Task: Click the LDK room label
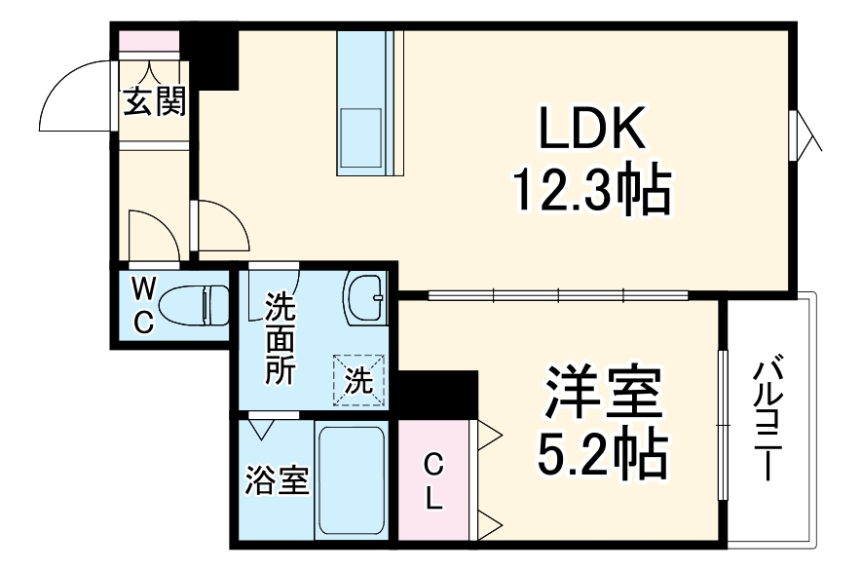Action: (592, 129)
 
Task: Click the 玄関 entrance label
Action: (154, 100)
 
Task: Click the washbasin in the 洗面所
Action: (365, 298)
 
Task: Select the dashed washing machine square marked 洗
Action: (358, 380)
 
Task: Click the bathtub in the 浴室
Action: (352, 480)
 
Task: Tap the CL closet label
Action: (433, 482)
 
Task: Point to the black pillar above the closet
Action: (437, 395)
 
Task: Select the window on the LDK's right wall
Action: (794, 135)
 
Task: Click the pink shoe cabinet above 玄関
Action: (149, 41)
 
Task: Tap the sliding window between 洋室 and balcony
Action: (723, 424)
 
